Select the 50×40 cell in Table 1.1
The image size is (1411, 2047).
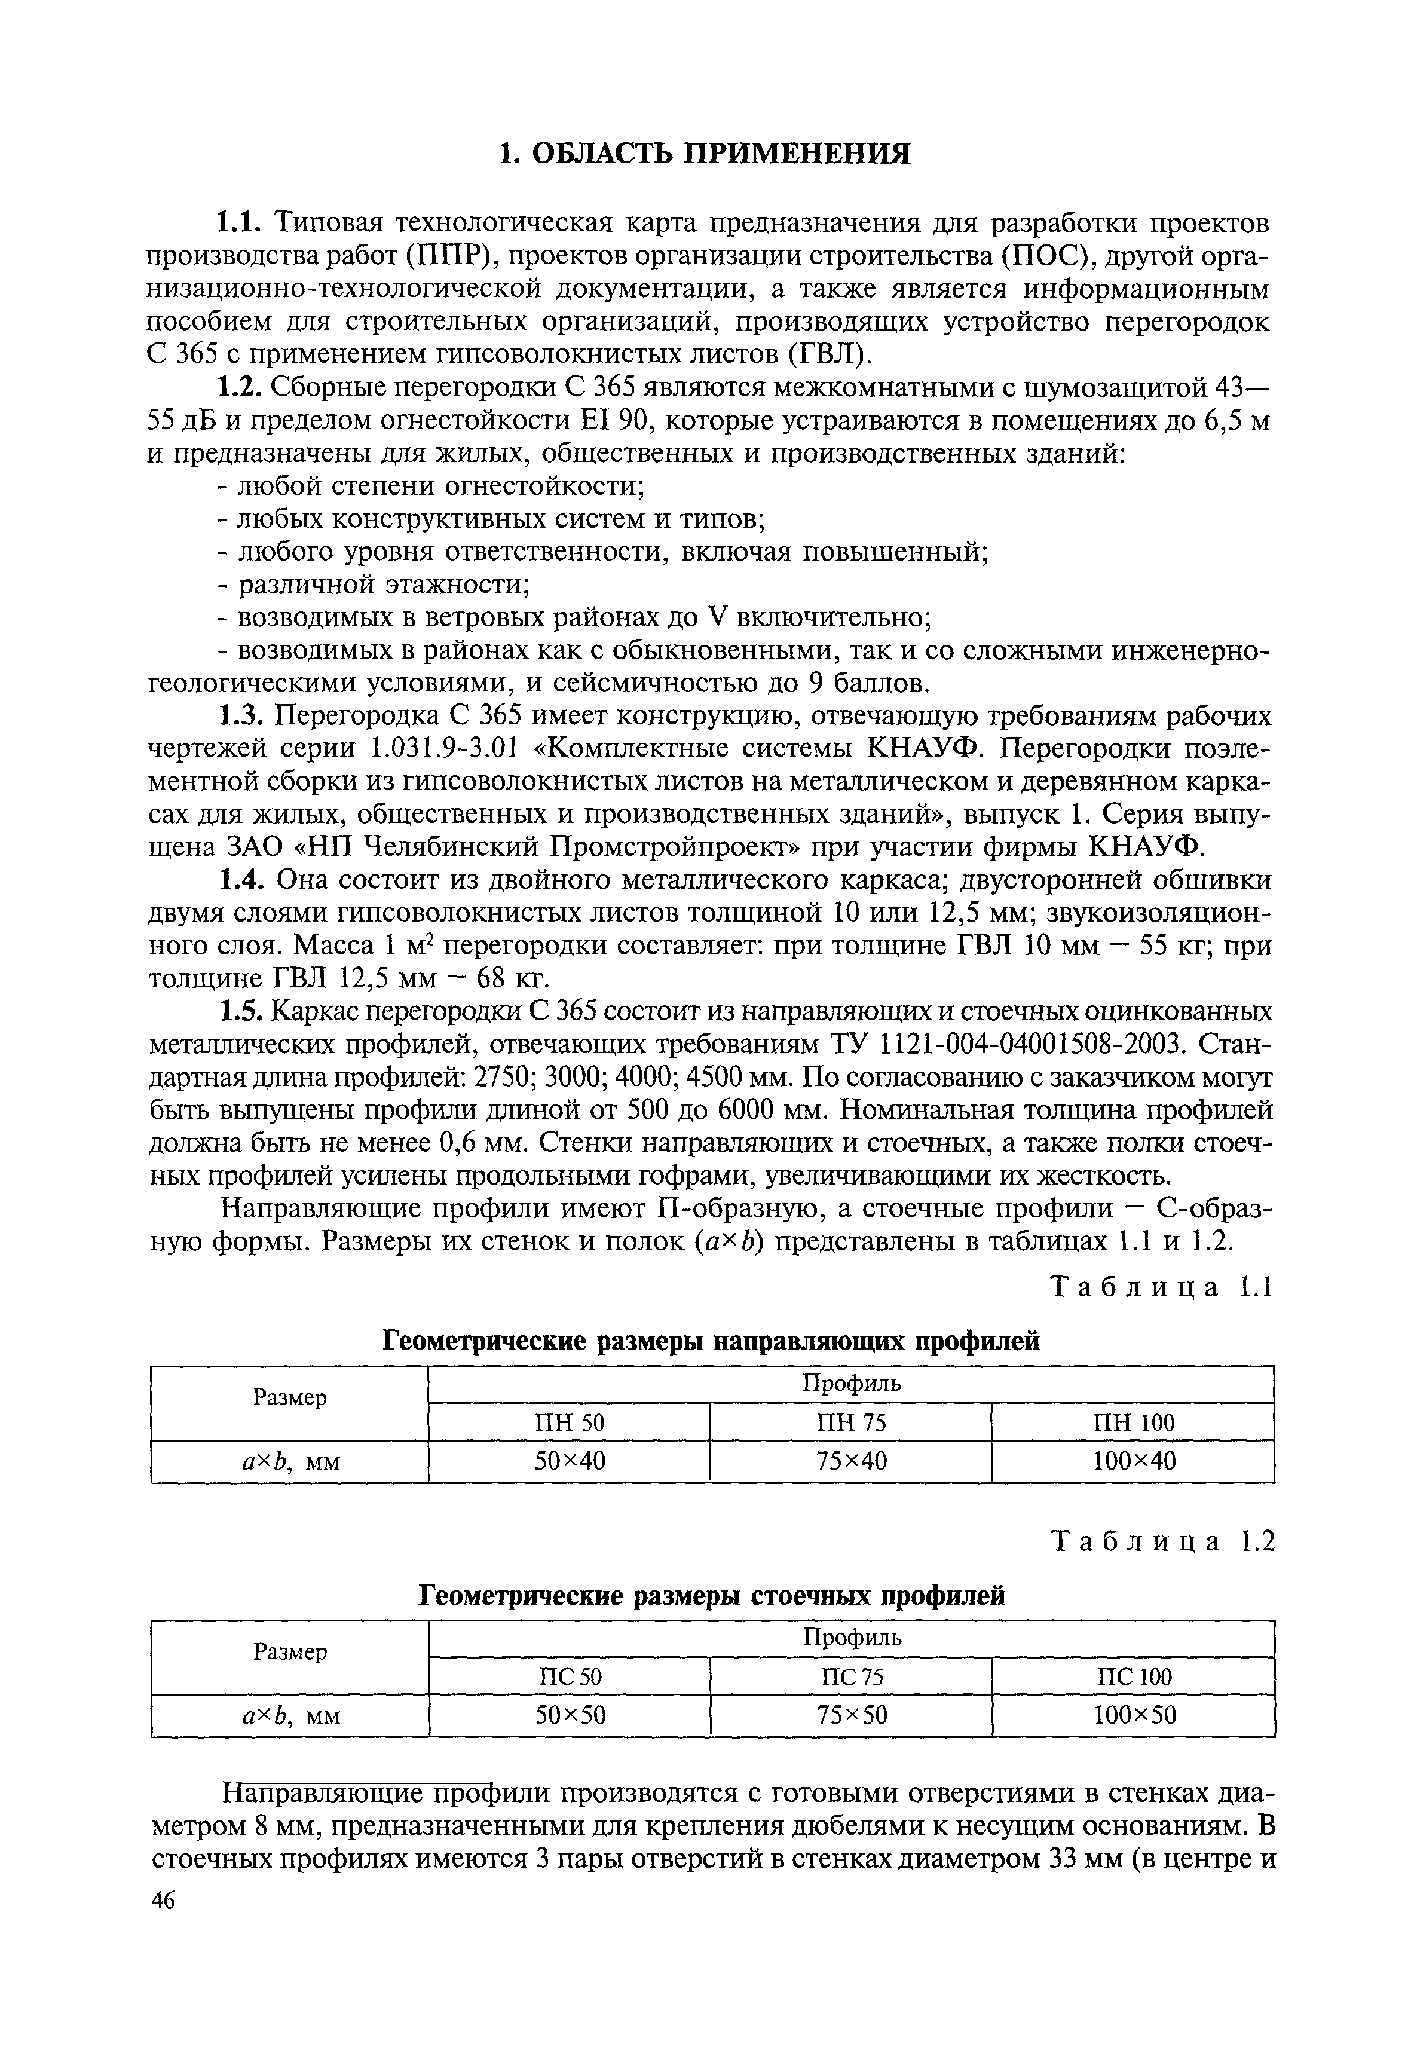pos(570,1462)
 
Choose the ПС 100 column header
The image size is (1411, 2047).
pos(1133,1678)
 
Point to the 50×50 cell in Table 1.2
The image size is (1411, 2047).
pos(570,1716)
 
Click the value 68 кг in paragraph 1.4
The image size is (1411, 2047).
pos(520,979)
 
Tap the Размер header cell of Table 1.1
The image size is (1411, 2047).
pos(289,1397)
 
